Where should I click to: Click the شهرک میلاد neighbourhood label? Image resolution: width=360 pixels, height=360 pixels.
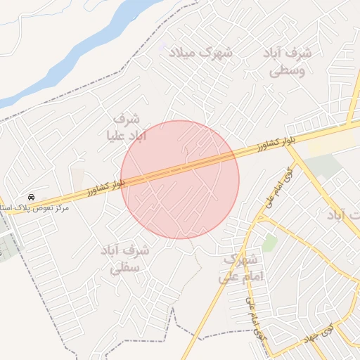click(208, 52)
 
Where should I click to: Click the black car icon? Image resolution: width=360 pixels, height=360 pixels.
click(32, 197)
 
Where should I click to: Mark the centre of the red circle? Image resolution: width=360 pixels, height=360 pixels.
click(180, 179)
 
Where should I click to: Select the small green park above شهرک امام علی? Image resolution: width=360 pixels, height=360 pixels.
click(269, 243)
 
